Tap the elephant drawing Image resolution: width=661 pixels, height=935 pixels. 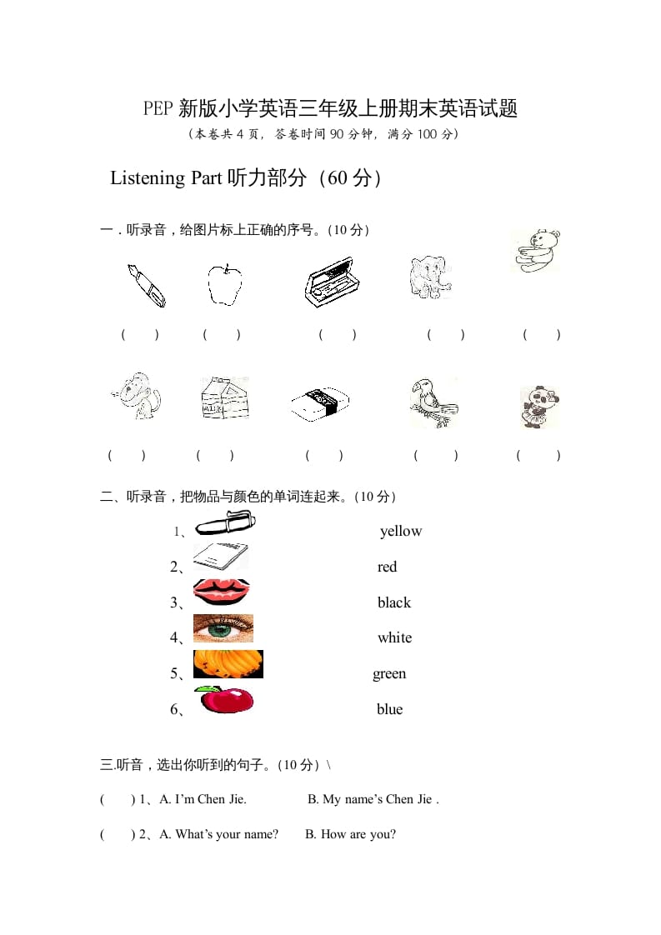click(x=430, y=277)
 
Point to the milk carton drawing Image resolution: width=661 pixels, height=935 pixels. click(x=223, y=397)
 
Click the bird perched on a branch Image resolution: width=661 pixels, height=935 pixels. click(x=433, y=402)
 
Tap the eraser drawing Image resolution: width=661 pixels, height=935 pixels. click(x=320, y=404)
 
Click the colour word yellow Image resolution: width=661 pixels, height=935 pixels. click(x=401, y=532)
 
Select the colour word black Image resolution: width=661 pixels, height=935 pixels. click(x=394, y=602)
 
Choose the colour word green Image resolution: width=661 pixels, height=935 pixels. click(x=389, y=673)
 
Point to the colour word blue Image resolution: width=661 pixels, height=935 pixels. click(x=389, y=709)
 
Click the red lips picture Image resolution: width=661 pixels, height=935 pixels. click(x=221, y=592)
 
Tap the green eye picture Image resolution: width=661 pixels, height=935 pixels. click(x=223, y=628)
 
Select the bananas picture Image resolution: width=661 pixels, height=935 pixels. click(x=228, y=664)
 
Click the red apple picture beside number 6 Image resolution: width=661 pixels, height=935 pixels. click(x=224, y=700)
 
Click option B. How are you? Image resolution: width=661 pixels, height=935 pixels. click(x=350, y=834)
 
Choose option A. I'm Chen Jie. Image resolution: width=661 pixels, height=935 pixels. click(x=203, y=799)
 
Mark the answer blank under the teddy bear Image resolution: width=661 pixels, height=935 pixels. click(x=541, y=335)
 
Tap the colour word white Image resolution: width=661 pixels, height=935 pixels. click(x=394, y=637)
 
